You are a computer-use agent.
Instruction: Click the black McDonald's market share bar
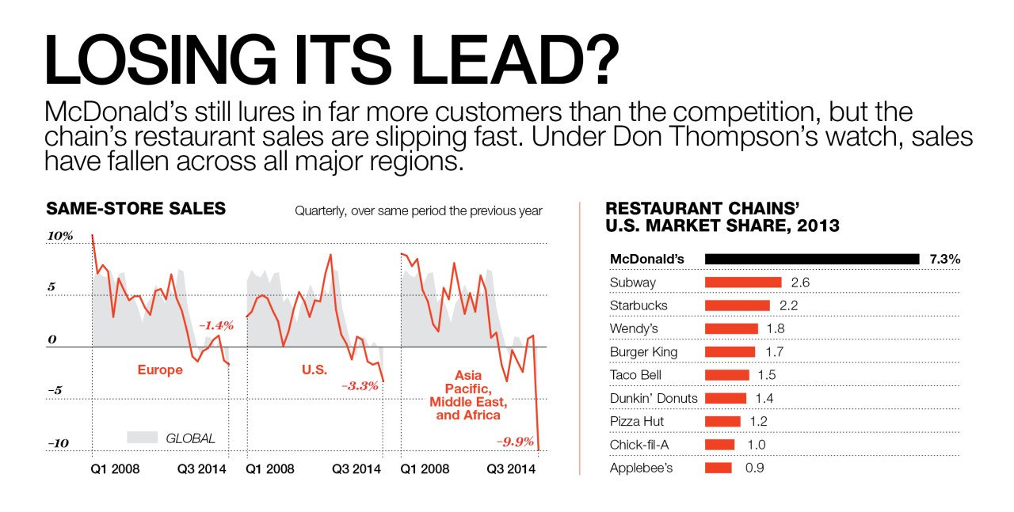(812, 259)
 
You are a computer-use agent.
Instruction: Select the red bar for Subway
(743, 283)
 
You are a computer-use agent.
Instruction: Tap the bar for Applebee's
(719, 468)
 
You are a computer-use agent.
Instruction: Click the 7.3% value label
(944, 259)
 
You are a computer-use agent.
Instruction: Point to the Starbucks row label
(639, 305)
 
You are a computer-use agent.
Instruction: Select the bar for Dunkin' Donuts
(726, 398)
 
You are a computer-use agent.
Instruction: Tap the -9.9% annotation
(515, 442)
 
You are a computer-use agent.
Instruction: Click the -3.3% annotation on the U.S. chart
(360, 386)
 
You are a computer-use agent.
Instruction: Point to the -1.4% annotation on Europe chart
(216, 325)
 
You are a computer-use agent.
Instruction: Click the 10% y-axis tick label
(60, 236)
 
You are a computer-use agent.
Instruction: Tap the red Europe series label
(160, 370)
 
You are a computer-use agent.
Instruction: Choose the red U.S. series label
(314, 370)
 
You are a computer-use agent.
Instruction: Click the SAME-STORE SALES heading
(135, 209)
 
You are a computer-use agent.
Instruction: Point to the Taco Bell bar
(726, 375)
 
